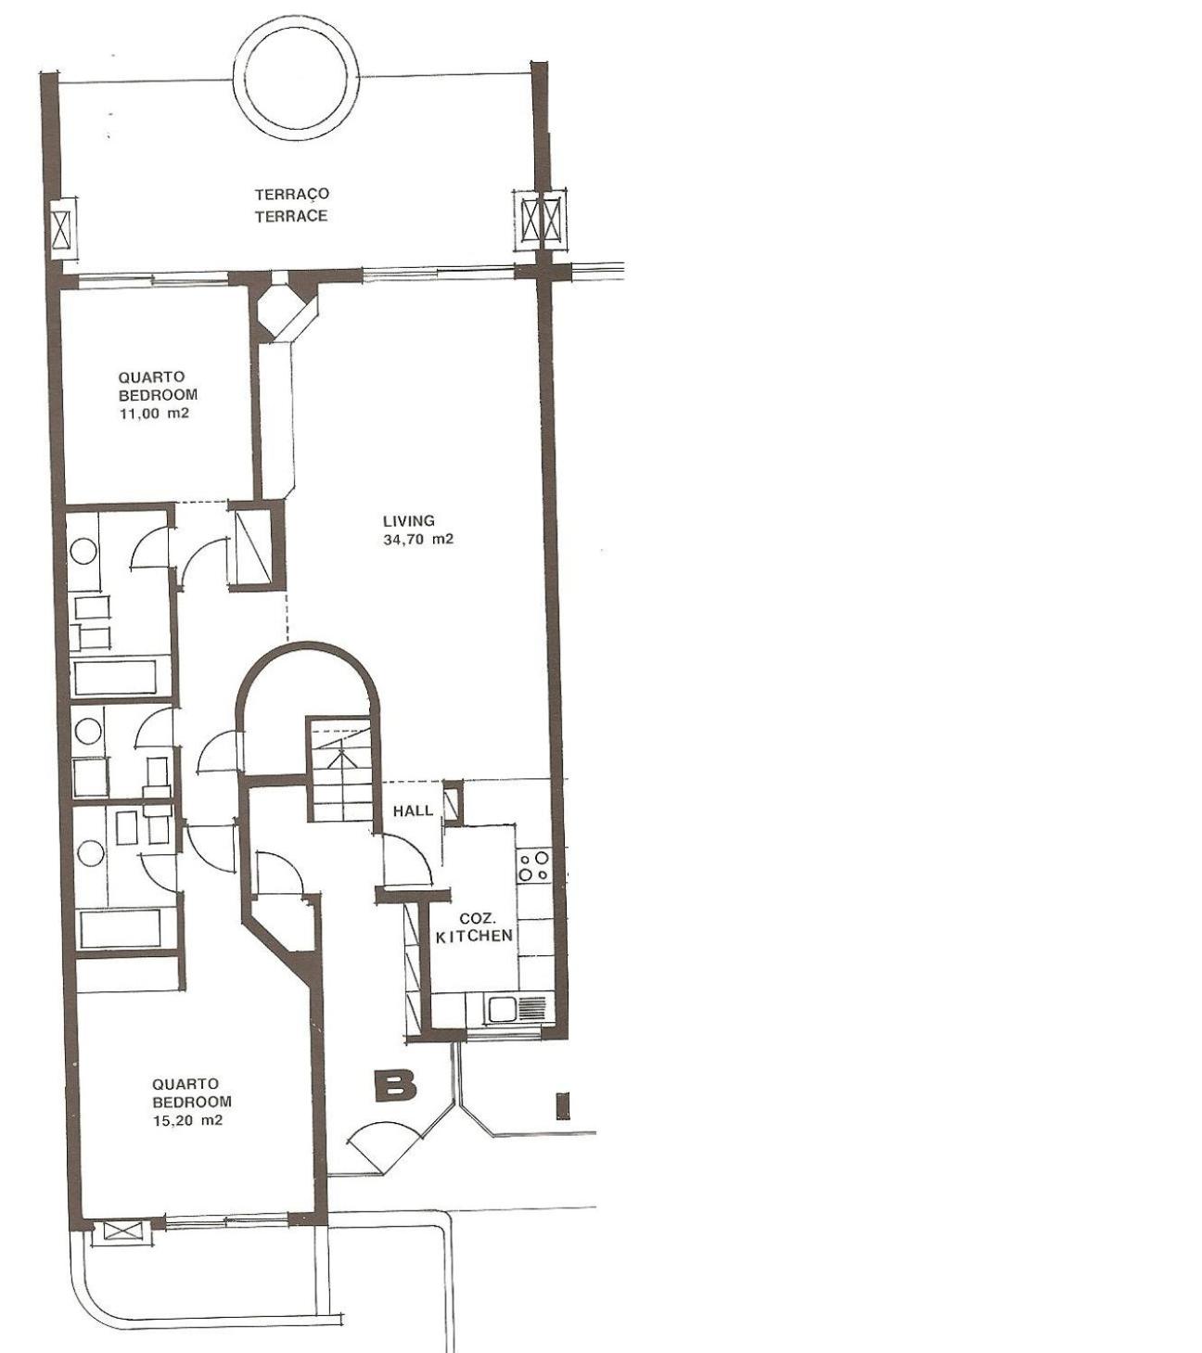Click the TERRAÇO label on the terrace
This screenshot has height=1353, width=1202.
(x=292, y=195)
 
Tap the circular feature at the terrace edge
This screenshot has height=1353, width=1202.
(x=236, y=75)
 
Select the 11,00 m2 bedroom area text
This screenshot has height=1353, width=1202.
(x=154, y=414)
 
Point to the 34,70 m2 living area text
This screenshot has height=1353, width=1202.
(x=418, y=540)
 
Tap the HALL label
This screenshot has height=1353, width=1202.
(x=413, y=811)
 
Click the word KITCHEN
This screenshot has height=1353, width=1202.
(x=474, y=936)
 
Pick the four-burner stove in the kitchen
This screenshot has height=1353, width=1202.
(x=534, y=865)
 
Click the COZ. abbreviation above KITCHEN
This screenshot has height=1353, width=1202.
(x=474, y=918)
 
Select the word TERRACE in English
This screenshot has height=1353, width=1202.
(x=291, y=216)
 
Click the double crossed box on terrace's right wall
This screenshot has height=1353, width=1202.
(x=542, y=220)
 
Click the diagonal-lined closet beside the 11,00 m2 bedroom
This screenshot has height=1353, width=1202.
(x=251, y=545)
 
